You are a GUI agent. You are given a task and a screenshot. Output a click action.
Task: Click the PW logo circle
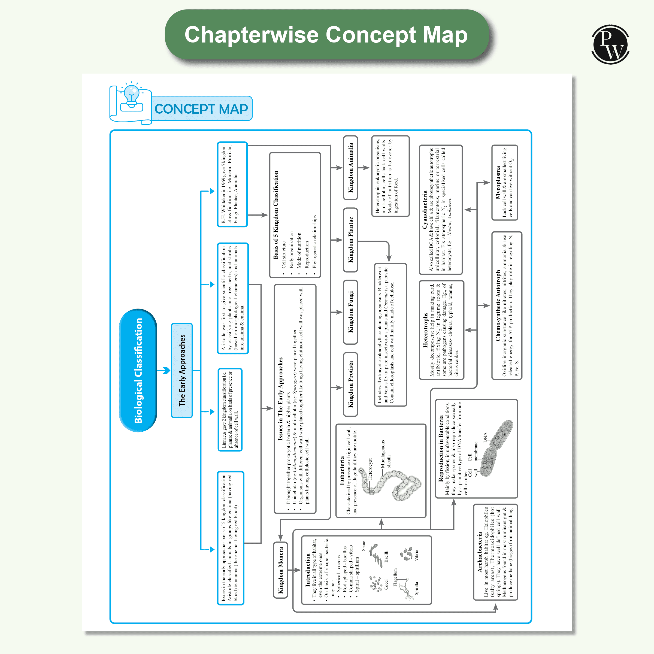point(610,44)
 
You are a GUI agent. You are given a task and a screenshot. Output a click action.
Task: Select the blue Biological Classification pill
point(138,370)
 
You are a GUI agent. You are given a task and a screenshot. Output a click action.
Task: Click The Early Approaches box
point(182,370)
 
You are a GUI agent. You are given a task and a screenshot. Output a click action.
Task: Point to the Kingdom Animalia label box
point(351,168)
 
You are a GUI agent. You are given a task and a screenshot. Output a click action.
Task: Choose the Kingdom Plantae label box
point(351,240)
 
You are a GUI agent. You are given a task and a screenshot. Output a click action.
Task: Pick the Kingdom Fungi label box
point(351,312)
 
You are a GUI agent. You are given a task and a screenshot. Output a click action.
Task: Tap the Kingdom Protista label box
point(351,384)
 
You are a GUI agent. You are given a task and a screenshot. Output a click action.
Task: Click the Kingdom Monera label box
point(281,570)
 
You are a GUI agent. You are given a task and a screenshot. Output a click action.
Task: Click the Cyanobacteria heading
point(425,210)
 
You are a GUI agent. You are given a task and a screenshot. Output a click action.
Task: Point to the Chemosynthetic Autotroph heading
point(498,305)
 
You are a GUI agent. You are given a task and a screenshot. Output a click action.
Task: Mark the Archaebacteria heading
point(480,552)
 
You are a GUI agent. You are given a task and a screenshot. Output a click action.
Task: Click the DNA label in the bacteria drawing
point(485,437)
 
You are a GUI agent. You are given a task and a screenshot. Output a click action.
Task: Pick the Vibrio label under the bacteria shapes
point(416,555)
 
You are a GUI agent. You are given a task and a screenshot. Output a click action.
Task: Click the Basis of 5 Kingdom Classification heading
point(276,215)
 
